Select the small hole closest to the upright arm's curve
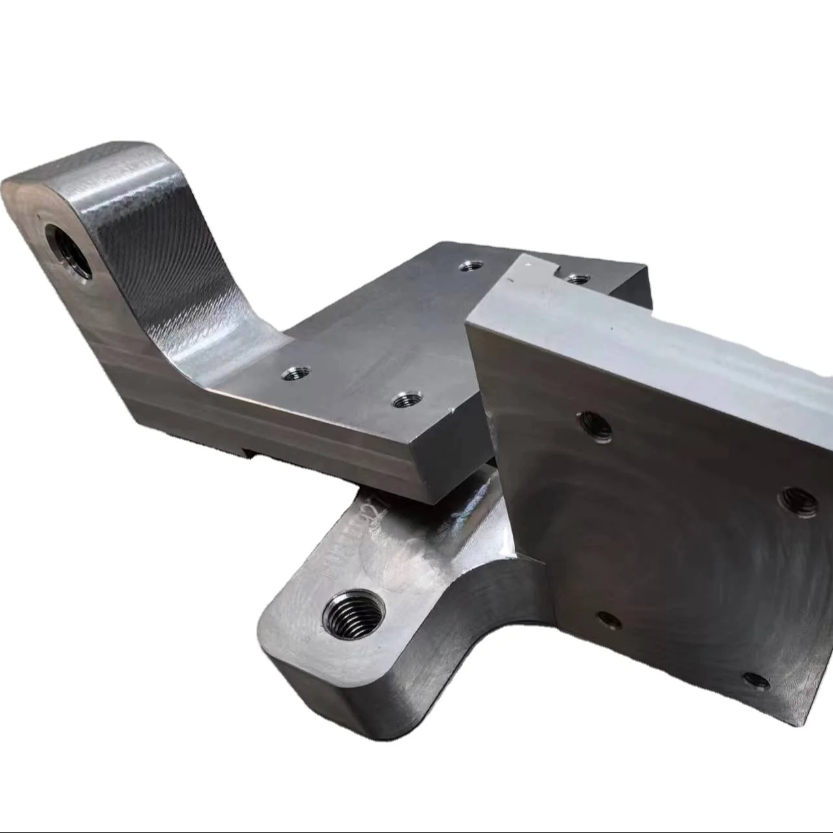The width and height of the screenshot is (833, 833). point(296,374)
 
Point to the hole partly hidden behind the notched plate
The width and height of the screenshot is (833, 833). point(576,279)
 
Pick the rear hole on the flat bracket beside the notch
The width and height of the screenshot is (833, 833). point(470,266)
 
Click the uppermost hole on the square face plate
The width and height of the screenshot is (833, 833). point(595,427)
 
